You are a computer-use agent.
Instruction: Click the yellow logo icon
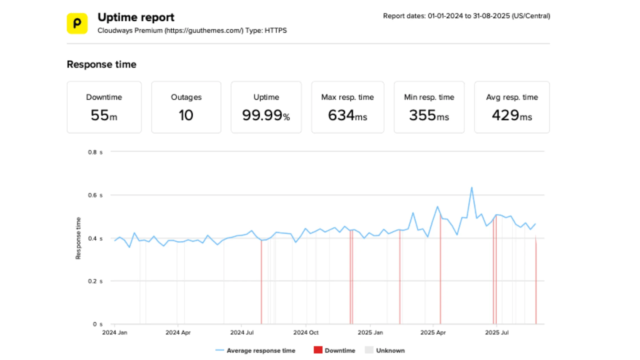(77, 23)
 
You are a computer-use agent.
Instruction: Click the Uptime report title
(136, 17)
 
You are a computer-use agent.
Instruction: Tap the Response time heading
(101, 65)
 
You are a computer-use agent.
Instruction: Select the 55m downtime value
(104, 115)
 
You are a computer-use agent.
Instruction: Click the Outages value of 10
(186, 115)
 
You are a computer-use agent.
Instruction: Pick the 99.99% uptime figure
(266, 115)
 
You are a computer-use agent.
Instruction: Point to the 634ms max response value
(347, 115)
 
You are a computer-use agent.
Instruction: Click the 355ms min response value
(429, 115)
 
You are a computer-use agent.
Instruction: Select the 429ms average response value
(512, 115)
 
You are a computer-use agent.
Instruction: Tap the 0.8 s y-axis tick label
(95, 152)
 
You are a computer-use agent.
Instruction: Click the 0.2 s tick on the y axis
(95, 281)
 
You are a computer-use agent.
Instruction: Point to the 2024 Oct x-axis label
(306, 333)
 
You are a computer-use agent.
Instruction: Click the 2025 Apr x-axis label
(433, 333)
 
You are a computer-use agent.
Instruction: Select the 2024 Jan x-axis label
(115, 333)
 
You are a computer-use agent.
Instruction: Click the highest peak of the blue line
(472, 188)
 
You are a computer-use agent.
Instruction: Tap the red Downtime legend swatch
(318, 350)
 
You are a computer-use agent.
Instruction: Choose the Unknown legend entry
(390, 351)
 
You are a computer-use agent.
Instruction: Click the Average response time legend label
(261, 351)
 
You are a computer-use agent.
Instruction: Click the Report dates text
(466, 16)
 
